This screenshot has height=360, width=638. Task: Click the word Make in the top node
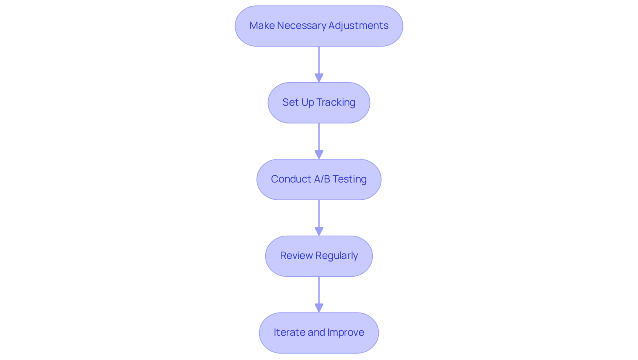pyautogui.click(x=258, y=26)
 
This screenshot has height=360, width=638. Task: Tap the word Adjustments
pyautogui.click(x=358, y=26)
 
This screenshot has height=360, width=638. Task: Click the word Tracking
pyautogui.click(x=336, y=102)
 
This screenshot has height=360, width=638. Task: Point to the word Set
pyautogui.click(x=291, y=102)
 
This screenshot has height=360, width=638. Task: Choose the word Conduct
pyautogui.click(x=291, y=179)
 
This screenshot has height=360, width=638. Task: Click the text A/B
pyautogui.click(x=322, y=179)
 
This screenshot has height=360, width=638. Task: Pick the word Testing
pyautogui.click(x=349, y=179)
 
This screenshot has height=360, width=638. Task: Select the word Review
pyautogui.click(x=296, y=256)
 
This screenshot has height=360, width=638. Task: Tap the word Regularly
pyautogui.click(x=337, y=256)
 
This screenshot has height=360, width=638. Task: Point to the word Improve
pyautogui.click(x=346, y=332)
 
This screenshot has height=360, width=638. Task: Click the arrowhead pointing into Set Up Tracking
pyautogui.click(x=319, y=78)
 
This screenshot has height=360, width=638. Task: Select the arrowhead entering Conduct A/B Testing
pyautogui.click(x=319, y=155)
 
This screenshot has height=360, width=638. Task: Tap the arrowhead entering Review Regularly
pyautogui.click(x=319, y=231)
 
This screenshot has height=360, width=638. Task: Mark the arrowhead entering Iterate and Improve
pyautogui.click(x=319, y=308)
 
